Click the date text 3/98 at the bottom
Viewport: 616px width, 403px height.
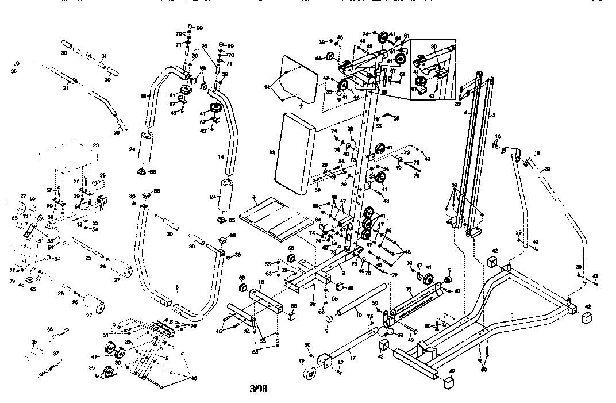257,389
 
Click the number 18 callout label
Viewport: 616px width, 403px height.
261,283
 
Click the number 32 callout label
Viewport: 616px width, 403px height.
548,168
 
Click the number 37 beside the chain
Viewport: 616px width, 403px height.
56,353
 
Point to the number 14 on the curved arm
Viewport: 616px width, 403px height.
220,156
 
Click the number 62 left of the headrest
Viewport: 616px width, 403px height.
267,86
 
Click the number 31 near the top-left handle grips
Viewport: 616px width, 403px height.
103,56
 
